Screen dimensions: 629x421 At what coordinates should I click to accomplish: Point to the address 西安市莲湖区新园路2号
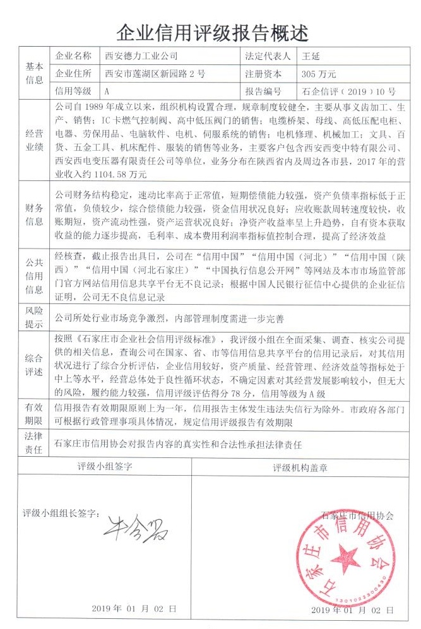pyautogui.click(x=155, y=73)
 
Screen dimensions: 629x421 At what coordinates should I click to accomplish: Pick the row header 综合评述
pyautogui.click(x=34, y=364)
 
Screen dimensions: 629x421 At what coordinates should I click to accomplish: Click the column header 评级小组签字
pyautogui.click(x=105, y=467)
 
